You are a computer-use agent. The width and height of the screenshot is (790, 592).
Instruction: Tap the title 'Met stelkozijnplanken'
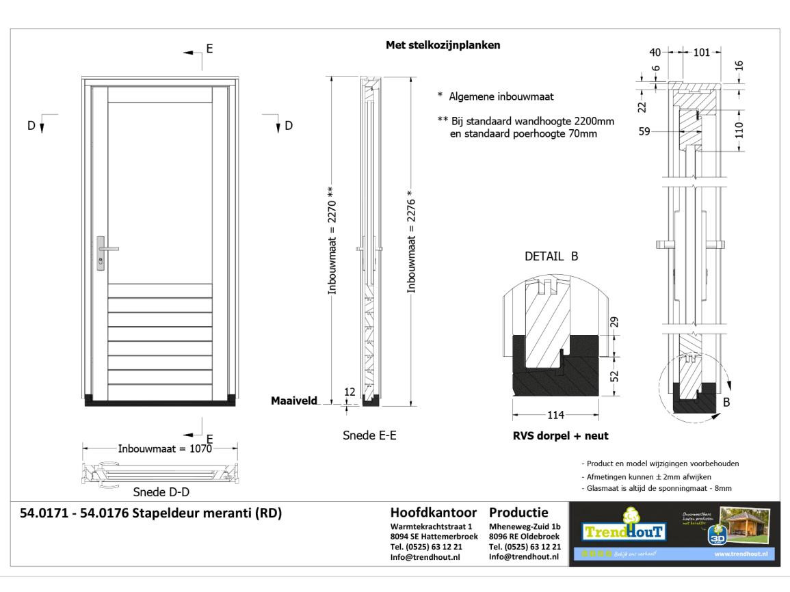coord(443,46)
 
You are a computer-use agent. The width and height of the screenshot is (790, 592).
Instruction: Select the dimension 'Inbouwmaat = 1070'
coord(161,449)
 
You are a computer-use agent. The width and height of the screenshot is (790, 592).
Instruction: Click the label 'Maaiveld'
coord(294,401)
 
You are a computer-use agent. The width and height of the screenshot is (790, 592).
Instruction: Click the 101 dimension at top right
coord(702,52)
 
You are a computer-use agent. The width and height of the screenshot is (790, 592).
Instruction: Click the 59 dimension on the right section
coord(644,132)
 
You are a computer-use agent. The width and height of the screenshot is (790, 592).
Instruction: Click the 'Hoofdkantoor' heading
coord(433,513)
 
